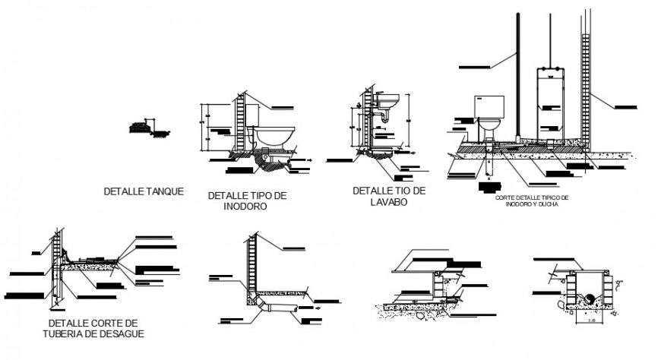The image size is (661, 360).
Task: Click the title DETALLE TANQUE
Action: (x=144, y=191)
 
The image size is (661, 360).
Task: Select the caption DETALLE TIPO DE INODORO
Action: (x=247, y=201)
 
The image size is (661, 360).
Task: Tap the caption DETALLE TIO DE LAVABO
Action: (x=389, y=196)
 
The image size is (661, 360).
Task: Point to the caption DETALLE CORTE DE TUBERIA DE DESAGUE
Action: (x=93, y=328)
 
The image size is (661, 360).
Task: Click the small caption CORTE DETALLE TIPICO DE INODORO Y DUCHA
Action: (x=531, y=201)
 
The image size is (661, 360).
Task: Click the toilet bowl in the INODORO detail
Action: (x=274, y=137)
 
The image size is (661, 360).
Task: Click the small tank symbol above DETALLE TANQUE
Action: (x=139, y=127)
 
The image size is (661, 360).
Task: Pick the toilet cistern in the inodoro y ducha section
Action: (x=489, y=106)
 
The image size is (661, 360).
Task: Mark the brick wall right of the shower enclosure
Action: (x=586, y=84)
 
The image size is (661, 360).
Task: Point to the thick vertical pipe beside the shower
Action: (x=518, y=76)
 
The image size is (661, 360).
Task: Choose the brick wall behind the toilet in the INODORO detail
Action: (x=241, y=122)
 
